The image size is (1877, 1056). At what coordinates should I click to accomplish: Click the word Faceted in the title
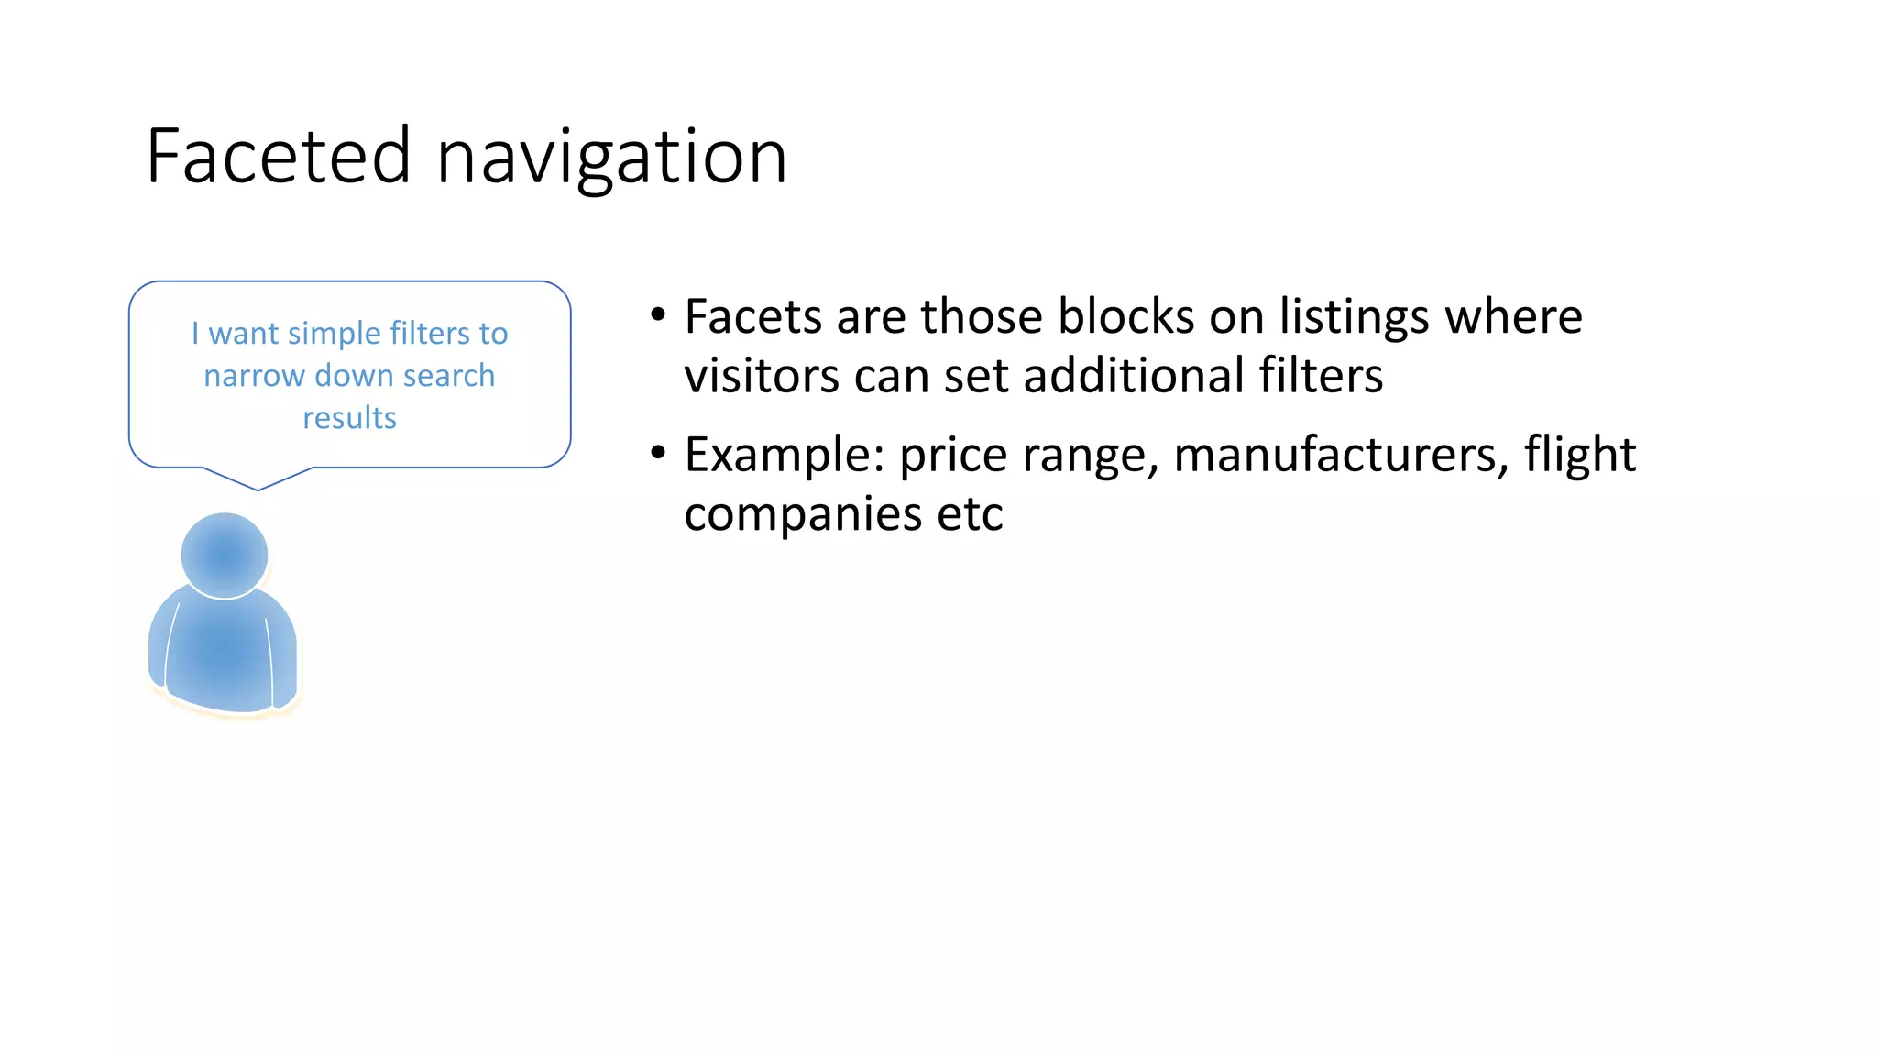point(278,157)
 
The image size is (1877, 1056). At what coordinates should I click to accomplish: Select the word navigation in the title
point(611,159)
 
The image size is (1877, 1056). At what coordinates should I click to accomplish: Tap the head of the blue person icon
point(225,555)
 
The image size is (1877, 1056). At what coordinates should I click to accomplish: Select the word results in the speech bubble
point(349,418)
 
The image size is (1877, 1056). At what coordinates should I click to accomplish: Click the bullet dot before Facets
point(657,315)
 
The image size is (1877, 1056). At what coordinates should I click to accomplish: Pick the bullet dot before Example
point(657,453)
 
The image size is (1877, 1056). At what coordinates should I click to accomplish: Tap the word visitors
point(762,376)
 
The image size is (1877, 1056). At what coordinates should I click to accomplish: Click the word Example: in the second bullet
point(785,456)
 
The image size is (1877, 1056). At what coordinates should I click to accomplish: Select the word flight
point(1580,456)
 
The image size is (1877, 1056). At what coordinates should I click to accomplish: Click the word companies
point(803,514)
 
